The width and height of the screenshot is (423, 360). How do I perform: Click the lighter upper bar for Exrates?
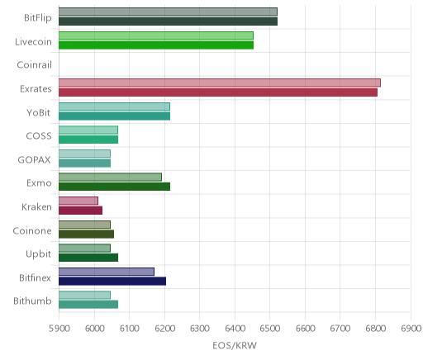pos(220,83)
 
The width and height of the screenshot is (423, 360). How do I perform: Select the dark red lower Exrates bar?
pos(218,92)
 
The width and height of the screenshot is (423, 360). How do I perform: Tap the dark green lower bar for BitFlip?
pos(168,21)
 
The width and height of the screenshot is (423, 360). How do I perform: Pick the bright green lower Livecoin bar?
pos(156,45)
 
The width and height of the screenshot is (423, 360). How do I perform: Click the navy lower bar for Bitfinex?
pos(112,281)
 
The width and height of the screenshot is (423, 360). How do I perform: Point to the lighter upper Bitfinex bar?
pos(107,272)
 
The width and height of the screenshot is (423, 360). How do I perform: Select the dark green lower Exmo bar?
pos(114,187)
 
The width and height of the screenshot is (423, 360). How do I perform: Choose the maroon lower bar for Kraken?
pos(80,211)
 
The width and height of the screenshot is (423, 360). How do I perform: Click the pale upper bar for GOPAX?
pos(84,154)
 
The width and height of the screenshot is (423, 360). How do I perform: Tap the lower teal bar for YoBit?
pos(114,116)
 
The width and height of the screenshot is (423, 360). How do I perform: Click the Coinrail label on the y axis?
pos(34,65)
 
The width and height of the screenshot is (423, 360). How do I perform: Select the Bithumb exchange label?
pos(32,301)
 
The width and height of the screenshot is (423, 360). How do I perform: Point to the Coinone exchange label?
pos(32,230)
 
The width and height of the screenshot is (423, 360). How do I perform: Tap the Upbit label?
pos(38,254)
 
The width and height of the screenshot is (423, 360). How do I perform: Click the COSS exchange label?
pos(39,136)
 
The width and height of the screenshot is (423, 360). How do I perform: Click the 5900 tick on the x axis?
pos(59,329)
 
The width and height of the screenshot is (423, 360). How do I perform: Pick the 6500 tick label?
pos(270,329)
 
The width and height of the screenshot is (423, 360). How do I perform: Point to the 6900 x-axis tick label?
pos(411,329)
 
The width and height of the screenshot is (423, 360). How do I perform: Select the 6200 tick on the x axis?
pos(164,329)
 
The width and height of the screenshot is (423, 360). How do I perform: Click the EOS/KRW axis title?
pos(235,345)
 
